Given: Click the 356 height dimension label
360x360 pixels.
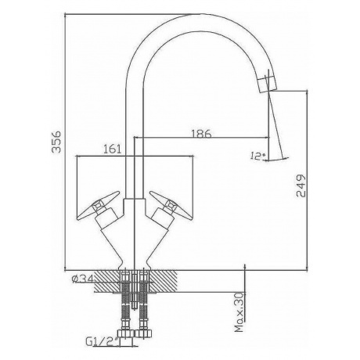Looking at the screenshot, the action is (56, 142).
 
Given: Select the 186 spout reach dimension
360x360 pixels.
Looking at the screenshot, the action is (201, 134).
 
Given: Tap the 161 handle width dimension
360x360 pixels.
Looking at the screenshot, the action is (113, 149).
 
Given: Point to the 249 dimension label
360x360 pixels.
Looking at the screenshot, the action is (301, 185).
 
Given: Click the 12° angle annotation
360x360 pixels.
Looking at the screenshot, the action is (257, 156).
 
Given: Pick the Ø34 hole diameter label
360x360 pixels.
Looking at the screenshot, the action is (82, 279).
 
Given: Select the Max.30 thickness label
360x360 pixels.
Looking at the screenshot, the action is (239, 312).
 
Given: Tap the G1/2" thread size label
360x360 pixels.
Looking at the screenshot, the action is (102, 341).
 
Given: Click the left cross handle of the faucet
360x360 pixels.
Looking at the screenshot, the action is (99, 205).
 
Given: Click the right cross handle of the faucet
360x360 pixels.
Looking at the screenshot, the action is (171, 205).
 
